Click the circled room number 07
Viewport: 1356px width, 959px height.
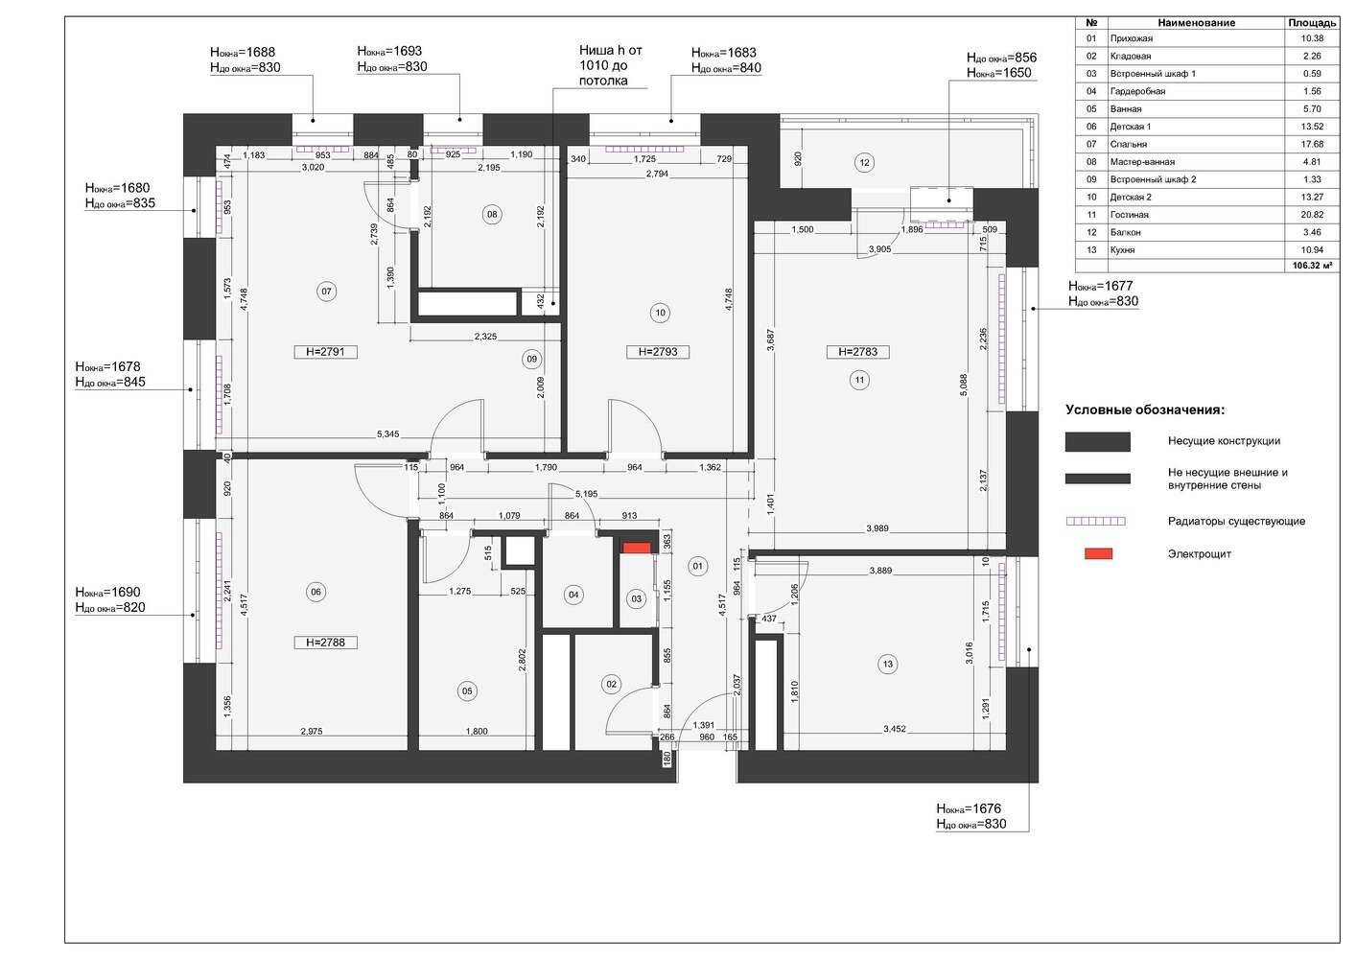pos(327,292)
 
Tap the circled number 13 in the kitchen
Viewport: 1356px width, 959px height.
pos(888,665)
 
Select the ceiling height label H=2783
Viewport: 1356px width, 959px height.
pos(857,352)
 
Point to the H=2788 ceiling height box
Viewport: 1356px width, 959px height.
pos(326,643)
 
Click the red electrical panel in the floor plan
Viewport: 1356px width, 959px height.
pos(637,548)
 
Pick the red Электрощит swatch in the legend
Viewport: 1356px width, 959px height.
pos(1098,554)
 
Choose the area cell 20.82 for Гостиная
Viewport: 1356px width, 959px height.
pos(1312,215)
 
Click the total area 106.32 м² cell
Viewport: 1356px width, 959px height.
pos(1315,266)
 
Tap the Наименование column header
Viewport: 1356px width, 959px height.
pos(1196,23)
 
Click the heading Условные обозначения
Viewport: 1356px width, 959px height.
pos(1145,409)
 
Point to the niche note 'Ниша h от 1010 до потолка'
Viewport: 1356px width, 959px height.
pos(610,65)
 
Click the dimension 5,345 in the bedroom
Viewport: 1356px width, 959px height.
pos(388,434)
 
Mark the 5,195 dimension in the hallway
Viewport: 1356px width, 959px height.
pos(586,494)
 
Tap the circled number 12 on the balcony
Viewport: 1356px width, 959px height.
pos(864,162)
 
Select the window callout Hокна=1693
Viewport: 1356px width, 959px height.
pos(389,51)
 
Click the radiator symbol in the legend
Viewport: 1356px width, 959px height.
pos(1096,522)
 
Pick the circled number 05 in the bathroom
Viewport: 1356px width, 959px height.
pos(467,690)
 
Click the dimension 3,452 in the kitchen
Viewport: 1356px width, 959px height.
pos(895,729)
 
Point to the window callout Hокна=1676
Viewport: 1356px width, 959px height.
pos(969,808)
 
